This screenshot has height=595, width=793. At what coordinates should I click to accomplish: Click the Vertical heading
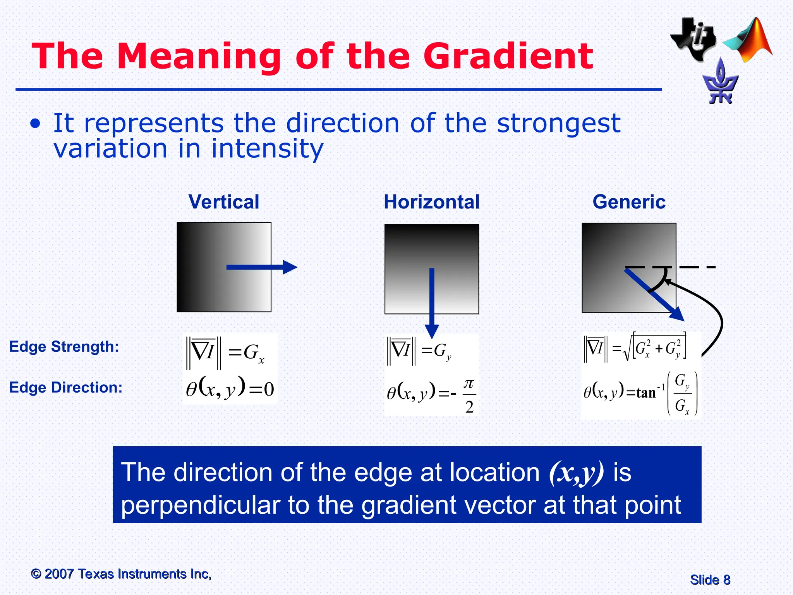point(224,202)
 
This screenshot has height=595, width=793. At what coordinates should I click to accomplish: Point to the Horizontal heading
point(431,202)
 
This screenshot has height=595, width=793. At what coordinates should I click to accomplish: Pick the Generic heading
point(629,202)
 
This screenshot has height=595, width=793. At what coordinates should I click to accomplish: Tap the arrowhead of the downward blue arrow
point(432,331)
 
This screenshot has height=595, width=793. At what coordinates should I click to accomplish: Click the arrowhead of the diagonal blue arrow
point(677,314)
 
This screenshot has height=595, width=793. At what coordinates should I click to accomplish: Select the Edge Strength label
point(64,346)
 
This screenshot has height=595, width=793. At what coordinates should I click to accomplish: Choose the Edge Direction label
point(65,387)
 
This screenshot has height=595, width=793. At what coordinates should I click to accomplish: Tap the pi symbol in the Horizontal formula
point(469,383)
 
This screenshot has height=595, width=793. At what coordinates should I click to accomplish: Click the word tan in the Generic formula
point(646,393)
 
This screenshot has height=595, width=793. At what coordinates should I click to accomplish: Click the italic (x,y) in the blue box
point(576,473)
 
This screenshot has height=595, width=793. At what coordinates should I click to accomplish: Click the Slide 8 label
point(710,580)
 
